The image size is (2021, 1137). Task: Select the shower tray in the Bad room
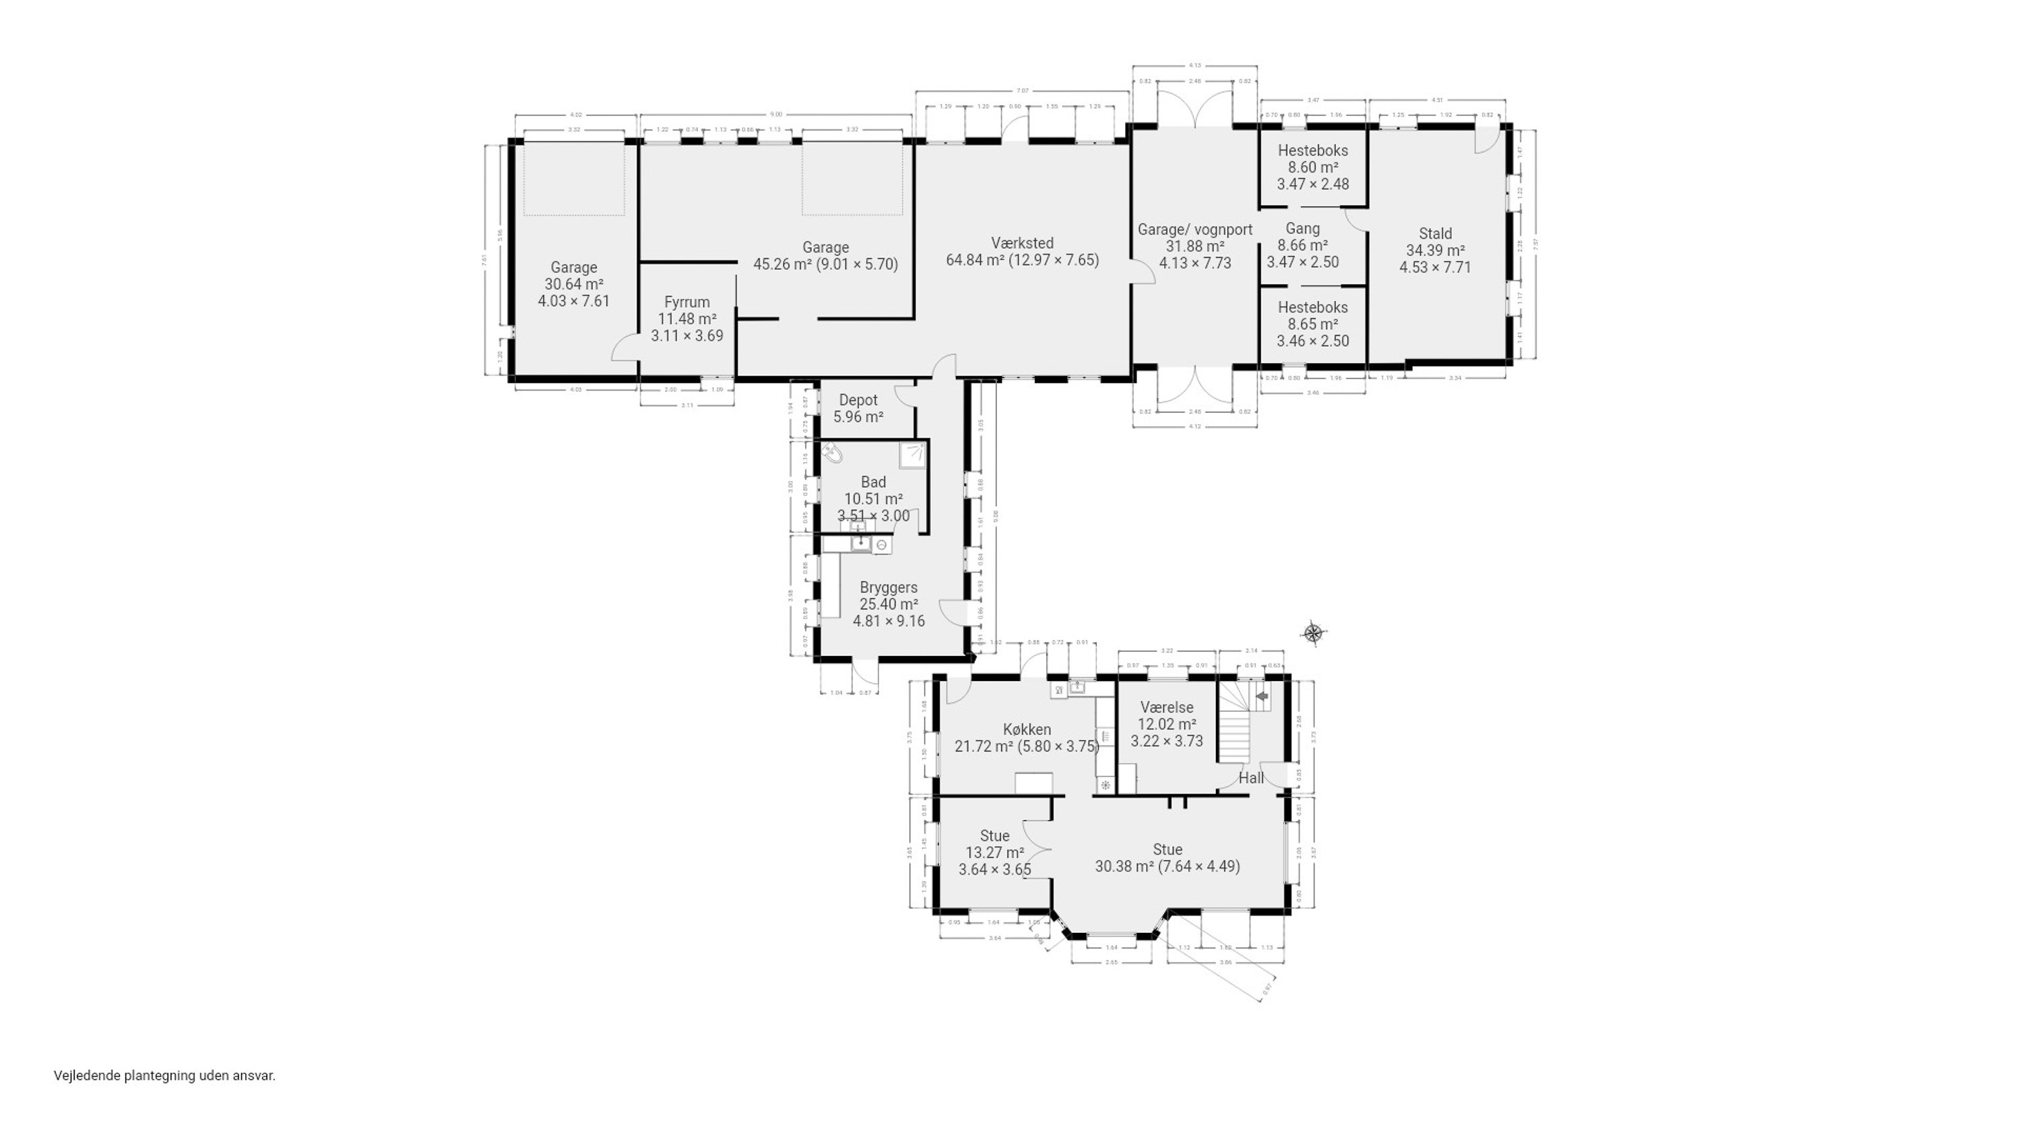point(912,455)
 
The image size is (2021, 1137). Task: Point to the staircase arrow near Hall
point(1262,695)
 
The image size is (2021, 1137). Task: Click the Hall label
point(1252,777)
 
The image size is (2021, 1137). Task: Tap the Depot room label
point(858,400)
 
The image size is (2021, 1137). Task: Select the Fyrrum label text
point(686,302)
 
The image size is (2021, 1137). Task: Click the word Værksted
point(1021,243)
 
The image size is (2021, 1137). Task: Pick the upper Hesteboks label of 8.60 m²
point(1312,151)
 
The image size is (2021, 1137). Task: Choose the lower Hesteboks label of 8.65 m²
point(1312,308)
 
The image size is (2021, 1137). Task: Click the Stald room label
point(1435,234)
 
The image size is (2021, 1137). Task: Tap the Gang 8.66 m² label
point(1302,229)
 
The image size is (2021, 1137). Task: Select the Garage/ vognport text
point(1195,230)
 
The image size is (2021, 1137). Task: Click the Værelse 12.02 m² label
point(1167,707)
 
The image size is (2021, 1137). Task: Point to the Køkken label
point(1027,729)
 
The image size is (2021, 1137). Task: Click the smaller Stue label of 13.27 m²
point(994,836)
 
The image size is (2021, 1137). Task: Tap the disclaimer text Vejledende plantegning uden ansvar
point(165,1076)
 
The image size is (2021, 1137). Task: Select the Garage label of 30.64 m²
point(573,267)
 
